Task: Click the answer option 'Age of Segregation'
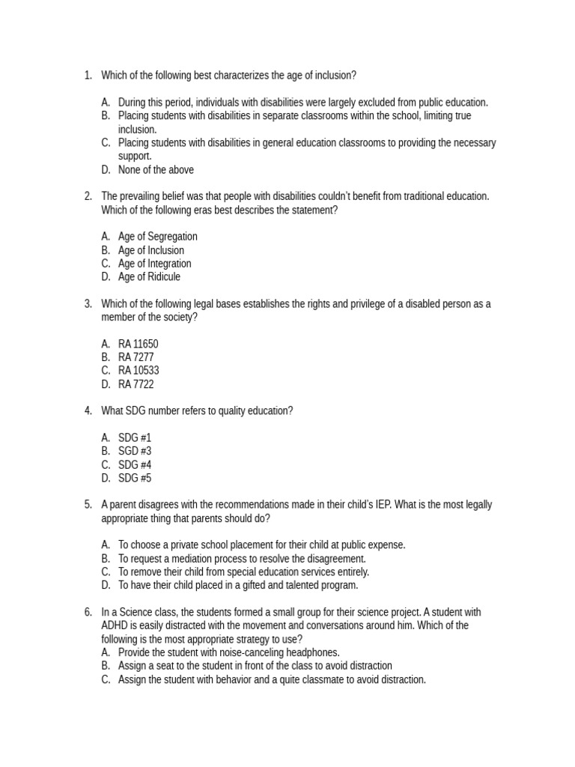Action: (157, 237)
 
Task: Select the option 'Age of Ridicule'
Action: (149, 277)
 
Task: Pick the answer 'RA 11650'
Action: (138, 344)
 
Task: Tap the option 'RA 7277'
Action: (136, 357)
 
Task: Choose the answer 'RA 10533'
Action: (139, 371)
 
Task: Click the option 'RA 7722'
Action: (136, 384)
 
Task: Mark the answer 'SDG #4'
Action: (135, 464)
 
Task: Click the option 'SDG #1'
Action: (135, 437)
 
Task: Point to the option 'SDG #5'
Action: (135, 478)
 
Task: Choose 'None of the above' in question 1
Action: (156, 170)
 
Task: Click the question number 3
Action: (88, 303)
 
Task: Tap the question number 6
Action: (88, 612)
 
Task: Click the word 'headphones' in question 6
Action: (312, 652)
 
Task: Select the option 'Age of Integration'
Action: (154, 264)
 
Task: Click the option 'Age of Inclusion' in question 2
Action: (150, 250)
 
